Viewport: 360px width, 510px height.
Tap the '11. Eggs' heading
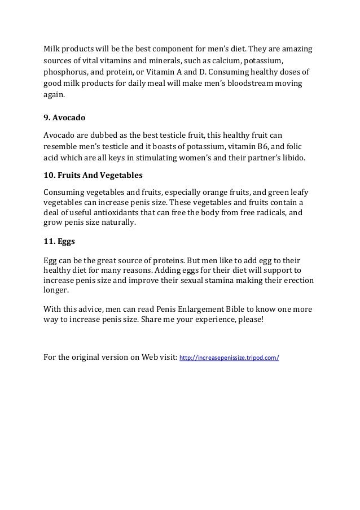tap(60, 242)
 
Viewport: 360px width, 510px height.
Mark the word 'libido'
tap(292, 159)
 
